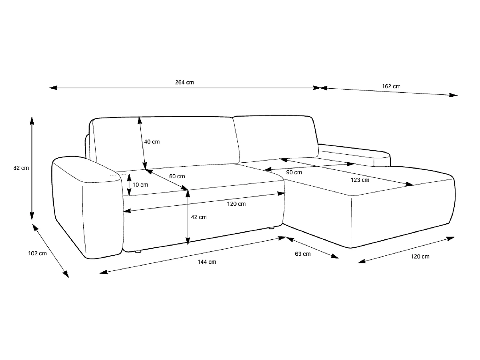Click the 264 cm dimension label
(x=184, y=83)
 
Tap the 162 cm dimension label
(x=391, y=86)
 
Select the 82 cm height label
(x=21, y=168)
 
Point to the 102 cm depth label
(x=37, y=253)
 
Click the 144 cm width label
(x=207, y=262)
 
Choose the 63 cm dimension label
(x=303, y=254)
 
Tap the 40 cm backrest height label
(x=152, y=142)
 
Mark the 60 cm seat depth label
(x=177, y=176)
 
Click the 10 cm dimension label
(x=140, y=185)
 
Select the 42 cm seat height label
(x=199, y=217)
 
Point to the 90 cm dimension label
(x=294, y=172)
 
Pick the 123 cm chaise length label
(x=360, y=180)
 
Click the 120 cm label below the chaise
(x=420, y=256)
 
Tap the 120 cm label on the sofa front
(x=236, y=204)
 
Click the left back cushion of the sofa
(x=166, y=142)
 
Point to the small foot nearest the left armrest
(x=138, y=252)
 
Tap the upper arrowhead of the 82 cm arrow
(x=32, y=121)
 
